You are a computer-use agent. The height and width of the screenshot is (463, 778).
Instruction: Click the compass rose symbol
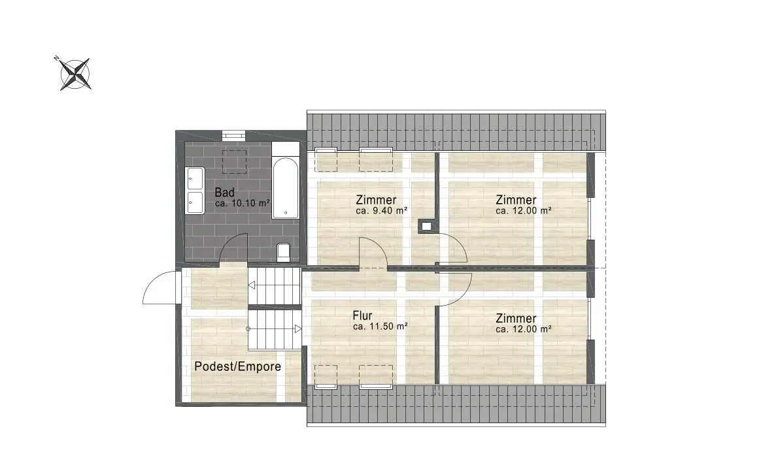pyautogui.click(x=75, y=73)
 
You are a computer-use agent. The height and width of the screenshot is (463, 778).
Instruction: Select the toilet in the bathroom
pyautogui.click(x=284, y=252)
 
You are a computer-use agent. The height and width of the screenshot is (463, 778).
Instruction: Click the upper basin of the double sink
pyautogui.click(x=195, y=178)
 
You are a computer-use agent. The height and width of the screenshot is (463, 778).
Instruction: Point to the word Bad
pyautogui.click(x=225, y=193)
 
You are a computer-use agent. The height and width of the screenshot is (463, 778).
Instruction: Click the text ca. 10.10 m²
pyautogui.click(x=243, y=203)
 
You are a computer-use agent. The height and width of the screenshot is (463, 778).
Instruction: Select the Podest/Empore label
pyautogui.click(x=238, y=366)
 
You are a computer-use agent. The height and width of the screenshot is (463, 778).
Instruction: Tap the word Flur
pyautogui.click(x=362, y=315)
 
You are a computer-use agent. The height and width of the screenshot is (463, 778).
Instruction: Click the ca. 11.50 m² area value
pyautogui.click(x=381, y=327)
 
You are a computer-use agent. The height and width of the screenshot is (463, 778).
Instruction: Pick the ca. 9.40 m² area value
pyautogui.click(x=382, y=211)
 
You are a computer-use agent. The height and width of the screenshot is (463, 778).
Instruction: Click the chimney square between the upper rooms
pyautogui.click(x=426, y=226)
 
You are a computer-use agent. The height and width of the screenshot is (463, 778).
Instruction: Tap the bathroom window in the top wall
pyautogui.click(x=233, y=134)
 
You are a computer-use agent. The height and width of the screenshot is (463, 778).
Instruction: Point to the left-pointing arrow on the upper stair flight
pyautogui.click(x=252, y=285)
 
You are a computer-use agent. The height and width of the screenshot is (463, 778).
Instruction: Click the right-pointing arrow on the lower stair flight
pyautogui.click(x=297, y=328)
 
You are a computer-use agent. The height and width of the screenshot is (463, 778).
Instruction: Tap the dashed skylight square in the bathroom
pyautogui.click(x=234, y=161)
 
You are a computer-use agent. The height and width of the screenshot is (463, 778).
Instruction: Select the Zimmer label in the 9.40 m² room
pyautogui.click(x=376, y=200)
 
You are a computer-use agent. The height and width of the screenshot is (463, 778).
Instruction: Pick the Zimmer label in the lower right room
pyautogui.click(x=516, y=319)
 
